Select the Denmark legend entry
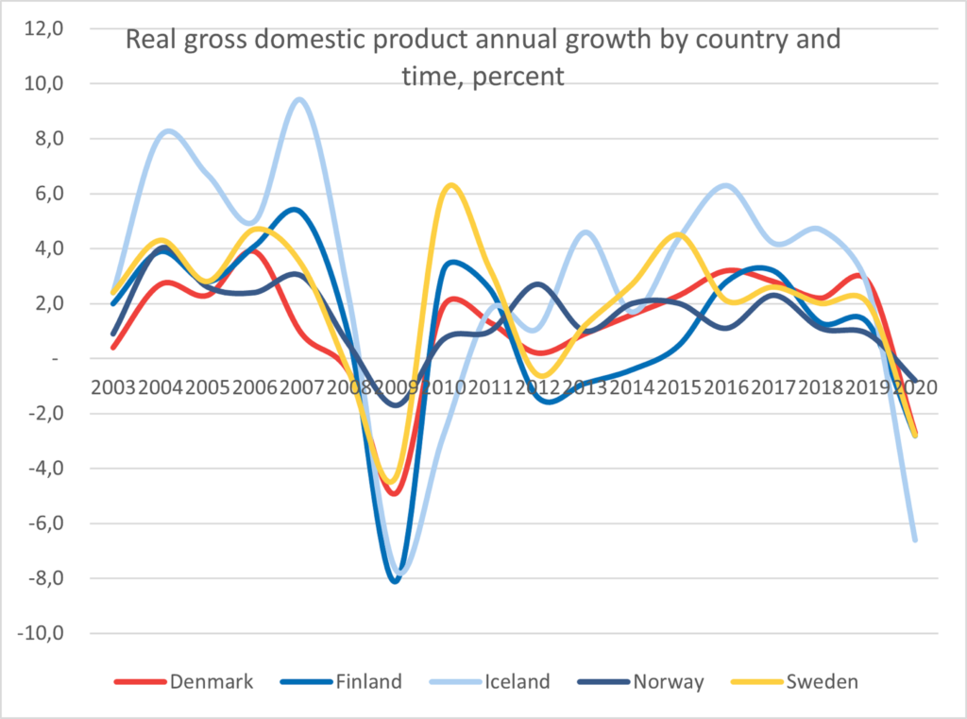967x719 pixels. coord(212,681)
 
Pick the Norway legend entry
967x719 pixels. coord(668,681)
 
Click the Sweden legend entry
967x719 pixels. coord(822,681)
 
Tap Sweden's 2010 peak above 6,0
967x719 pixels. coord(452,185)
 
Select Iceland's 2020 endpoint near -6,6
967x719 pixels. coord(914,539)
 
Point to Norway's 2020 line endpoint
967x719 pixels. coord(914,380)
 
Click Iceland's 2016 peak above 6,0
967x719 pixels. coord(725,185)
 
